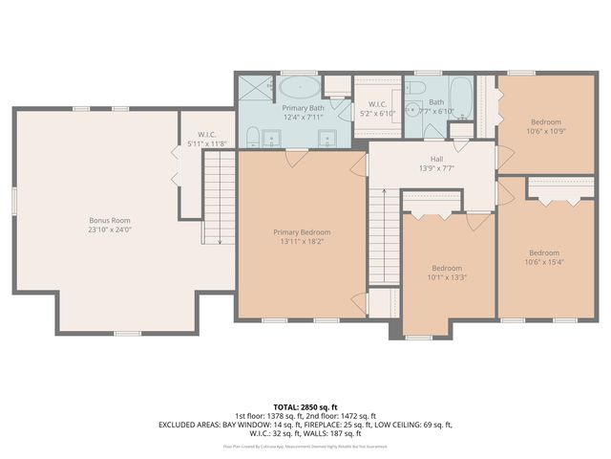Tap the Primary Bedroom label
click(302, 232)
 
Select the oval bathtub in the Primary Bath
click(301, 89)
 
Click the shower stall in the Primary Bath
click(255, 87)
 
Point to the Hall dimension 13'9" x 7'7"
click(435, 169)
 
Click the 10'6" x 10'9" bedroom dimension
click(545, 131)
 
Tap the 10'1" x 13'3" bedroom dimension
click(447, 277)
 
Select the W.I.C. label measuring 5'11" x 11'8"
click(206, 143)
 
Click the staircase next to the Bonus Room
click(221, 196)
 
